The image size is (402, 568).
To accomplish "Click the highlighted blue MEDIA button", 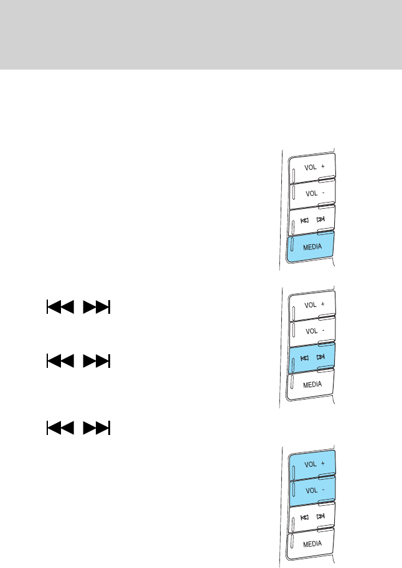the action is click(312, 245).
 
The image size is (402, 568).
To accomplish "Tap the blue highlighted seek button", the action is click(312, 357).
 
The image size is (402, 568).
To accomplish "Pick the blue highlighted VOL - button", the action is click(312, 490).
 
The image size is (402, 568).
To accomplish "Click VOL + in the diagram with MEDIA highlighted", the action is click(312, 167).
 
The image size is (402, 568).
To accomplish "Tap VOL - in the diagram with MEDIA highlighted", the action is click(312, 193).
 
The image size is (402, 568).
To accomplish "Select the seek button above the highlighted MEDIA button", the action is click(312, 219).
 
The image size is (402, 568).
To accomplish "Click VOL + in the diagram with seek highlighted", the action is click(312, 305).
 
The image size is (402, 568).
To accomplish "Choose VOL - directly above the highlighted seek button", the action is click(312, 331).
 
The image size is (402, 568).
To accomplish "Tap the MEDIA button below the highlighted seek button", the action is click(312, 384).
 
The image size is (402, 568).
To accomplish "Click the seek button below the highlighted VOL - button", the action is click(312, 517).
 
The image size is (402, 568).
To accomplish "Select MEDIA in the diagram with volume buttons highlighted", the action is click(312, 543).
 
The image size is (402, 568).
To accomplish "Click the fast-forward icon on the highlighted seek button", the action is click(320, 357).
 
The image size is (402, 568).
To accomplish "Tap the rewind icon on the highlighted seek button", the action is click(304, 357).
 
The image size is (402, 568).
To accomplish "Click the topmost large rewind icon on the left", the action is click(60, 308).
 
